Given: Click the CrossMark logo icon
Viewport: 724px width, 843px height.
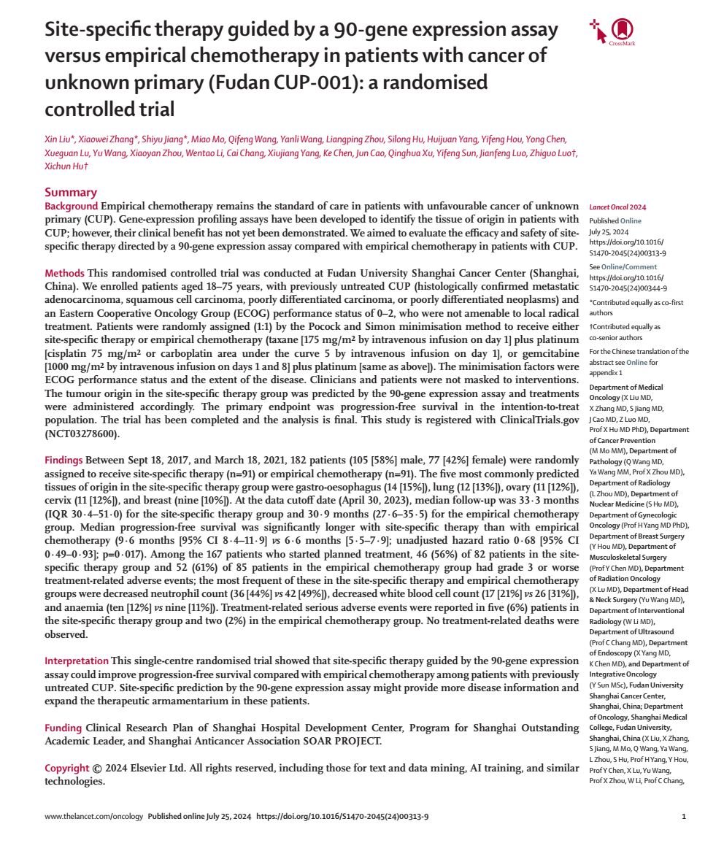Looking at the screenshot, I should [621, 30].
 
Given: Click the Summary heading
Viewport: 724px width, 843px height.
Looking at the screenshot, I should [71, 192].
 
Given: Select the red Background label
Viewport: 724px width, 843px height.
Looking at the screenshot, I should [72, 206].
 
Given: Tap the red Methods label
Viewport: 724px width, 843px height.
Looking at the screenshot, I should [64, 273].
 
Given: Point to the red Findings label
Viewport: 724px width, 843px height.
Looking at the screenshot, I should [64, 461].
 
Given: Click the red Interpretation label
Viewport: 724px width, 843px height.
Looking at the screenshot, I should [77, 661].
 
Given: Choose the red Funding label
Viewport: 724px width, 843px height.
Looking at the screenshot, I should [63, 728].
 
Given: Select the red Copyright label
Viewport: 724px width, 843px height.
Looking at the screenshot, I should [68, 768].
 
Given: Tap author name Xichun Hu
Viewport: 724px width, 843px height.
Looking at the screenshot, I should [65, 167].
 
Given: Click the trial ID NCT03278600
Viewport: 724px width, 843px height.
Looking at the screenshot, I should [81, 434].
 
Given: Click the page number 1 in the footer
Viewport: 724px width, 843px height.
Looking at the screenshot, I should [683, 817].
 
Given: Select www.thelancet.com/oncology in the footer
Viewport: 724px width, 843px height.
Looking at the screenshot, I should [93, 817].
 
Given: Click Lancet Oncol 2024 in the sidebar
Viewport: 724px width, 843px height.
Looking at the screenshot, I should [617, 207].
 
